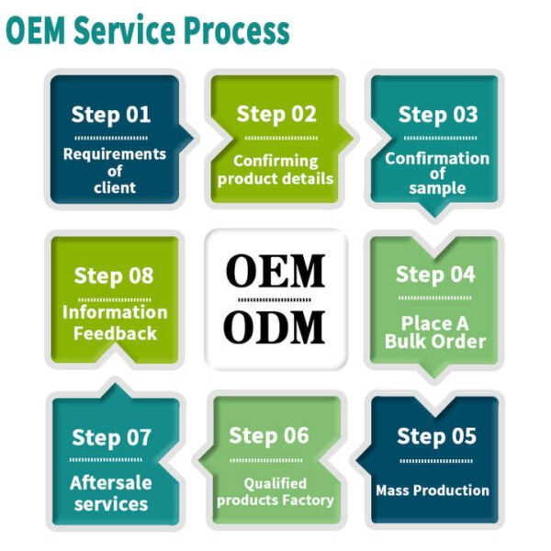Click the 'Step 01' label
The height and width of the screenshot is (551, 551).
point(111,116)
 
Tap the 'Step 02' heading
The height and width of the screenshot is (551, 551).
point(275,115)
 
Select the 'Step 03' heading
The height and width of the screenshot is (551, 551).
point(437,115)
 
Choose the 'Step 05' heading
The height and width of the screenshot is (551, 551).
point(436,435)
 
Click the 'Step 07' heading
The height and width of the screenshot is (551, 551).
point(111,437)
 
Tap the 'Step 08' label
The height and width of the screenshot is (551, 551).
point(114,275)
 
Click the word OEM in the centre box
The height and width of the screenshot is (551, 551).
point(275,271)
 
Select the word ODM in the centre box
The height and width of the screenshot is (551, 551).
point(275,328)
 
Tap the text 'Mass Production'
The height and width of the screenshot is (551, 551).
point(432,490)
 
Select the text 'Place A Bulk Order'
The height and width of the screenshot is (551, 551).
point(436,332)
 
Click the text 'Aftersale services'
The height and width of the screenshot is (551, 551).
point(111,493)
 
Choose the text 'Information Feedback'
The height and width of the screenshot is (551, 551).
point(115,321)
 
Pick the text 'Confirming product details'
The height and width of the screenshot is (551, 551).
point(275,169)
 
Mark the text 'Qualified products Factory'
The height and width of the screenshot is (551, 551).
point(275,491)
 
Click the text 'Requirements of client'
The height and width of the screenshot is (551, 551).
point(114,171)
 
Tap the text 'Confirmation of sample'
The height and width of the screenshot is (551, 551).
point(437,173)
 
